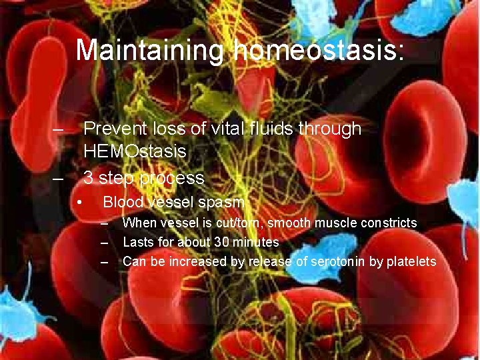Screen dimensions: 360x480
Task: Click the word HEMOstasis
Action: tap(135, 151)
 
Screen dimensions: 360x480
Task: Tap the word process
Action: tap(172, 178)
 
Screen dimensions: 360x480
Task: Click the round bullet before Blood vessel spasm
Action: tap(79, 202)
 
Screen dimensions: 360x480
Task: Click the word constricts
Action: tap(389, 223)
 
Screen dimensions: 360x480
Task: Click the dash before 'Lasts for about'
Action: tap(104, 242)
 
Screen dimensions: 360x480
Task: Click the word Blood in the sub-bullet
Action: tap(122, 202)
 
